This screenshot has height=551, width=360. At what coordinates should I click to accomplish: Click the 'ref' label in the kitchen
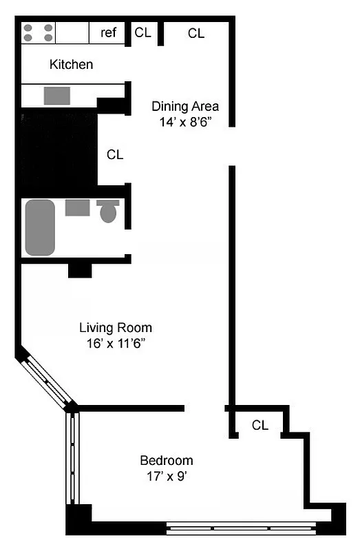tap(109, 32)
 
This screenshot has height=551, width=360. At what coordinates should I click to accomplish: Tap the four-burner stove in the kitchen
tap(39, 33)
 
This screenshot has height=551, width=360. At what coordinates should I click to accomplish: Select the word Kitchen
tap(71, 65)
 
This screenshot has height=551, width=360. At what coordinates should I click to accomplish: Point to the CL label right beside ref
tap(142, 32)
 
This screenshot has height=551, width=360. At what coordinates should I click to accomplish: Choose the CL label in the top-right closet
tap(196, 32)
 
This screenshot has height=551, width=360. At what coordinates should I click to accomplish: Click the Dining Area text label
tap(185, 106)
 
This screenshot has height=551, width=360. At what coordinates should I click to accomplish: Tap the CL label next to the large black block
tap(115, 155)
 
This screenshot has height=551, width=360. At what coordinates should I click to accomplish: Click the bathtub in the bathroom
tap(40, 227)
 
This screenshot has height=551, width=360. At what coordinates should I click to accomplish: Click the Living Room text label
tap(116, 328)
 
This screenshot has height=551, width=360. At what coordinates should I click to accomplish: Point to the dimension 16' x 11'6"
tap(116, 342)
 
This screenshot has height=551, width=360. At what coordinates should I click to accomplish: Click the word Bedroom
tap(167, 461)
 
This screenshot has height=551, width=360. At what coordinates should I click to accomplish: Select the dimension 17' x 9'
tap(167, 475)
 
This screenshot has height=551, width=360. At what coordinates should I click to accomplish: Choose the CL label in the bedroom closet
tap(260, 426)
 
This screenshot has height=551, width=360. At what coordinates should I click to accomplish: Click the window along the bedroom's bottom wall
tap(241, 529)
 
